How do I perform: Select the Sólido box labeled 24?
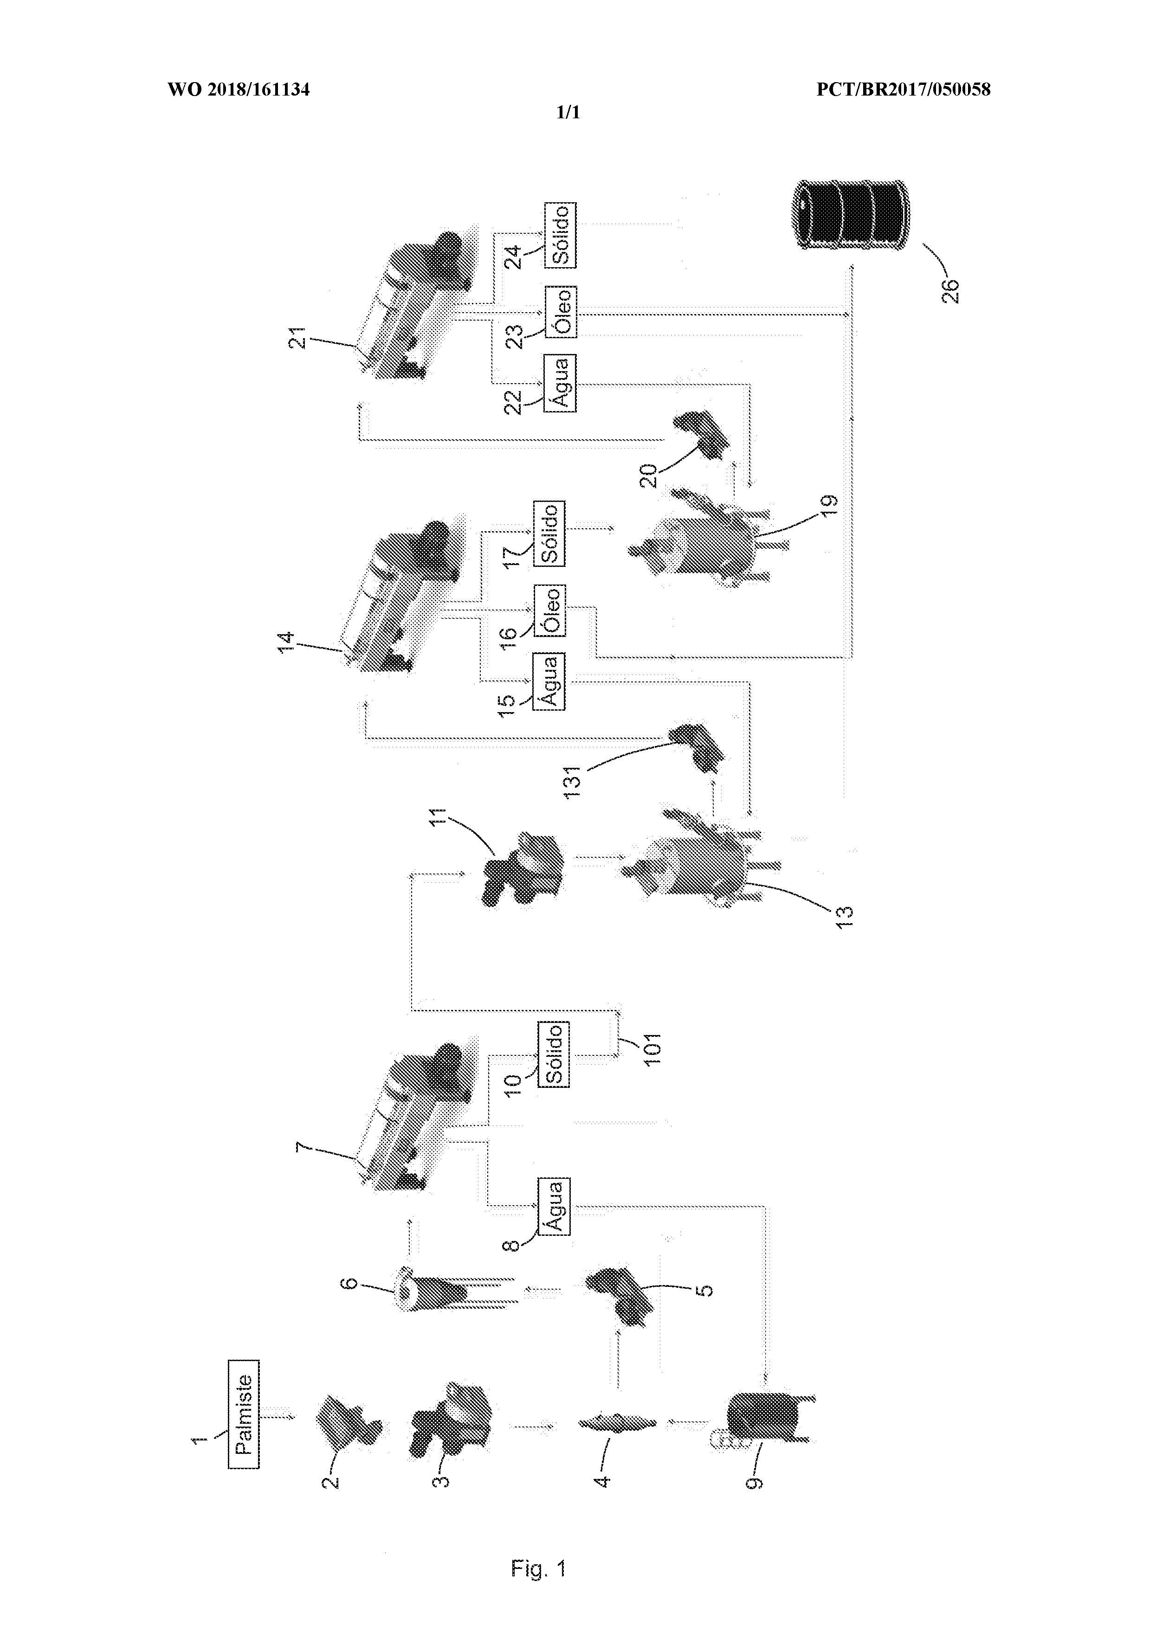click(560, 235)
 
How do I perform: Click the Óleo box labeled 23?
click(560, 312)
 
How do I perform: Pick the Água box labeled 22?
click(560, 383)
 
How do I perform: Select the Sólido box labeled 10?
click(553, 1054)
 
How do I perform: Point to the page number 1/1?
click(568, 113)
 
